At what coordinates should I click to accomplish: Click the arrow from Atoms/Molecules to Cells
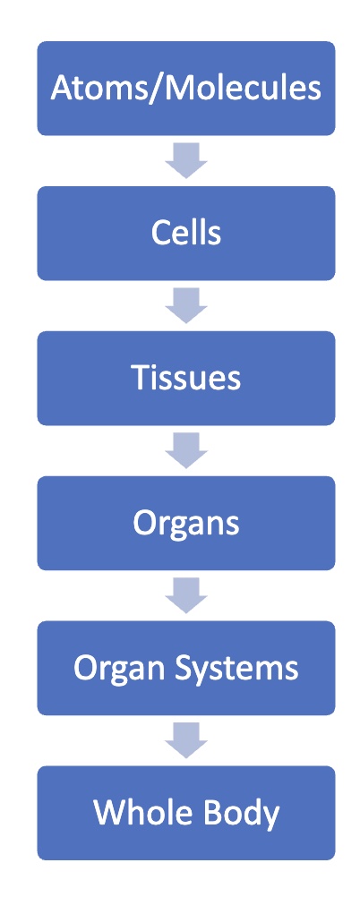[x=186, y=161]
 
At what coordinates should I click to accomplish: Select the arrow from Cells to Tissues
[x=186, y=306]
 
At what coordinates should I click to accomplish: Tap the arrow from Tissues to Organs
[x=186, y=451]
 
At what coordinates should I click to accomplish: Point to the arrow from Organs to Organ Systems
[x=186, y=596]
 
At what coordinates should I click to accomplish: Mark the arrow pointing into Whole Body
[x=186, y=741]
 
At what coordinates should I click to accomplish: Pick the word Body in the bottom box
[x=236, y=813]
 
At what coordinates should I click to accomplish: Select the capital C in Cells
[x=161, y=233]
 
